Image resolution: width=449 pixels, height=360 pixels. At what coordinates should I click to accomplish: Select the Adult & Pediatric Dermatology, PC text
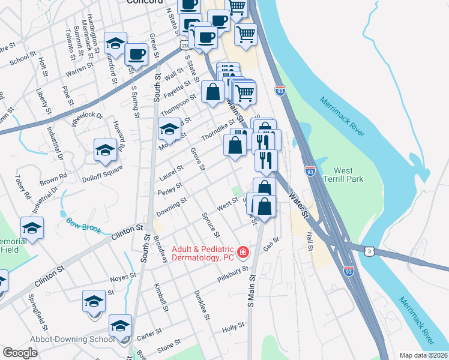tap(202, 253)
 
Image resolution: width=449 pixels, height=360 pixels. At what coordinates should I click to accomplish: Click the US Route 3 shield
tap(368, 249)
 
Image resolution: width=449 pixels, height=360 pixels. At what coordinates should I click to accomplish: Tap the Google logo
tap(20, 353)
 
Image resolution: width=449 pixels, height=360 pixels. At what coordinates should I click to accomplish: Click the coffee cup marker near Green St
tap(136, 55)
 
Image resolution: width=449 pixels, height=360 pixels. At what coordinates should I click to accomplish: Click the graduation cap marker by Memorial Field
tap(32, 229)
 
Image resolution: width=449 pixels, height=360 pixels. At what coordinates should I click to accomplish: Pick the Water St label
tap(298, 205)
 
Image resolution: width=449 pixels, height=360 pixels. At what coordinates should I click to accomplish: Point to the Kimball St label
tap(160, 298)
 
